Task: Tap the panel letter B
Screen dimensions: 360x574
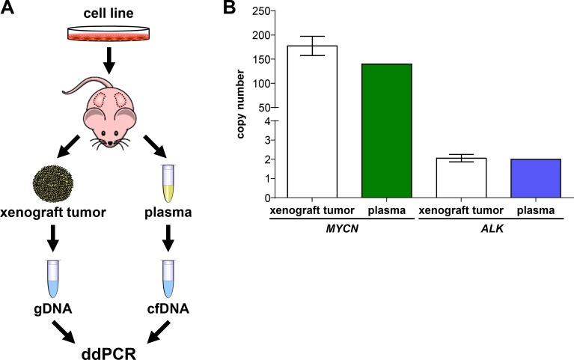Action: pyautogui.click(x=228, y=9)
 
